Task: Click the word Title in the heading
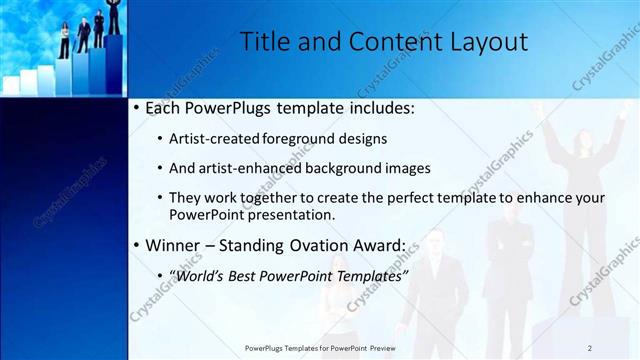(x=265, y=42)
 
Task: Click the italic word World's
(x=201, y=275)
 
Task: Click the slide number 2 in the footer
(x=590, y=348)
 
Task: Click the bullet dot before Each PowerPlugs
(x=135, y=107)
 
